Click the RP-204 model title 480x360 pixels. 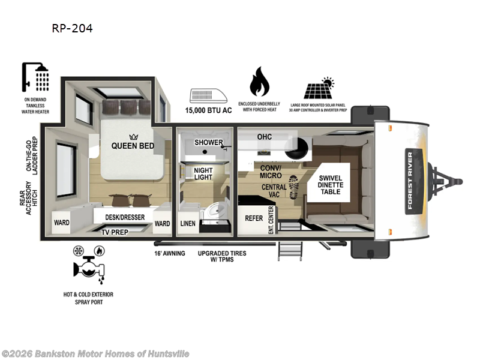[x=73, y=28]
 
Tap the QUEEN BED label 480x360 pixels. [x=132, y=145]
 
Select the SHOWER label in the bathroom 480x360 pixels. [x=208, y=142]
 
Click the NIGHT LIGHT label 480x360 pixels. [x=203, y=174]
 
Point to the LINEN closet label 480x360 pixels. [x=188, y=223]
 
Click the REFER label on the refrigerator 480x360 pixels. [x=254, y=218]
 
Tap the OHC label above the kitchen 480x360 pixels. [x=265, y=137]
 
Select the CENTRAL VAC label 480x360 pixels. [x=274, y=191]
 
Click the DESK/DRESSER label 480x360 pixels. [x=124, y=217]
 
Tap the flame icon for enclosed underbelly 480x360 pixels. [x=259, y=81]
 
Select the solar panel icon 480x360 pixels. [x=319, y=89]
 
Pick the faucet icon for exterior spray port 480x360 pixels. [x=88, y=267]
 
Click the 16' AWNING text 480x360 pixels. [x=170, y=253]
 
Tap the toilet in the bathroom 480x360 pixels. [x=217, y=212]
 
